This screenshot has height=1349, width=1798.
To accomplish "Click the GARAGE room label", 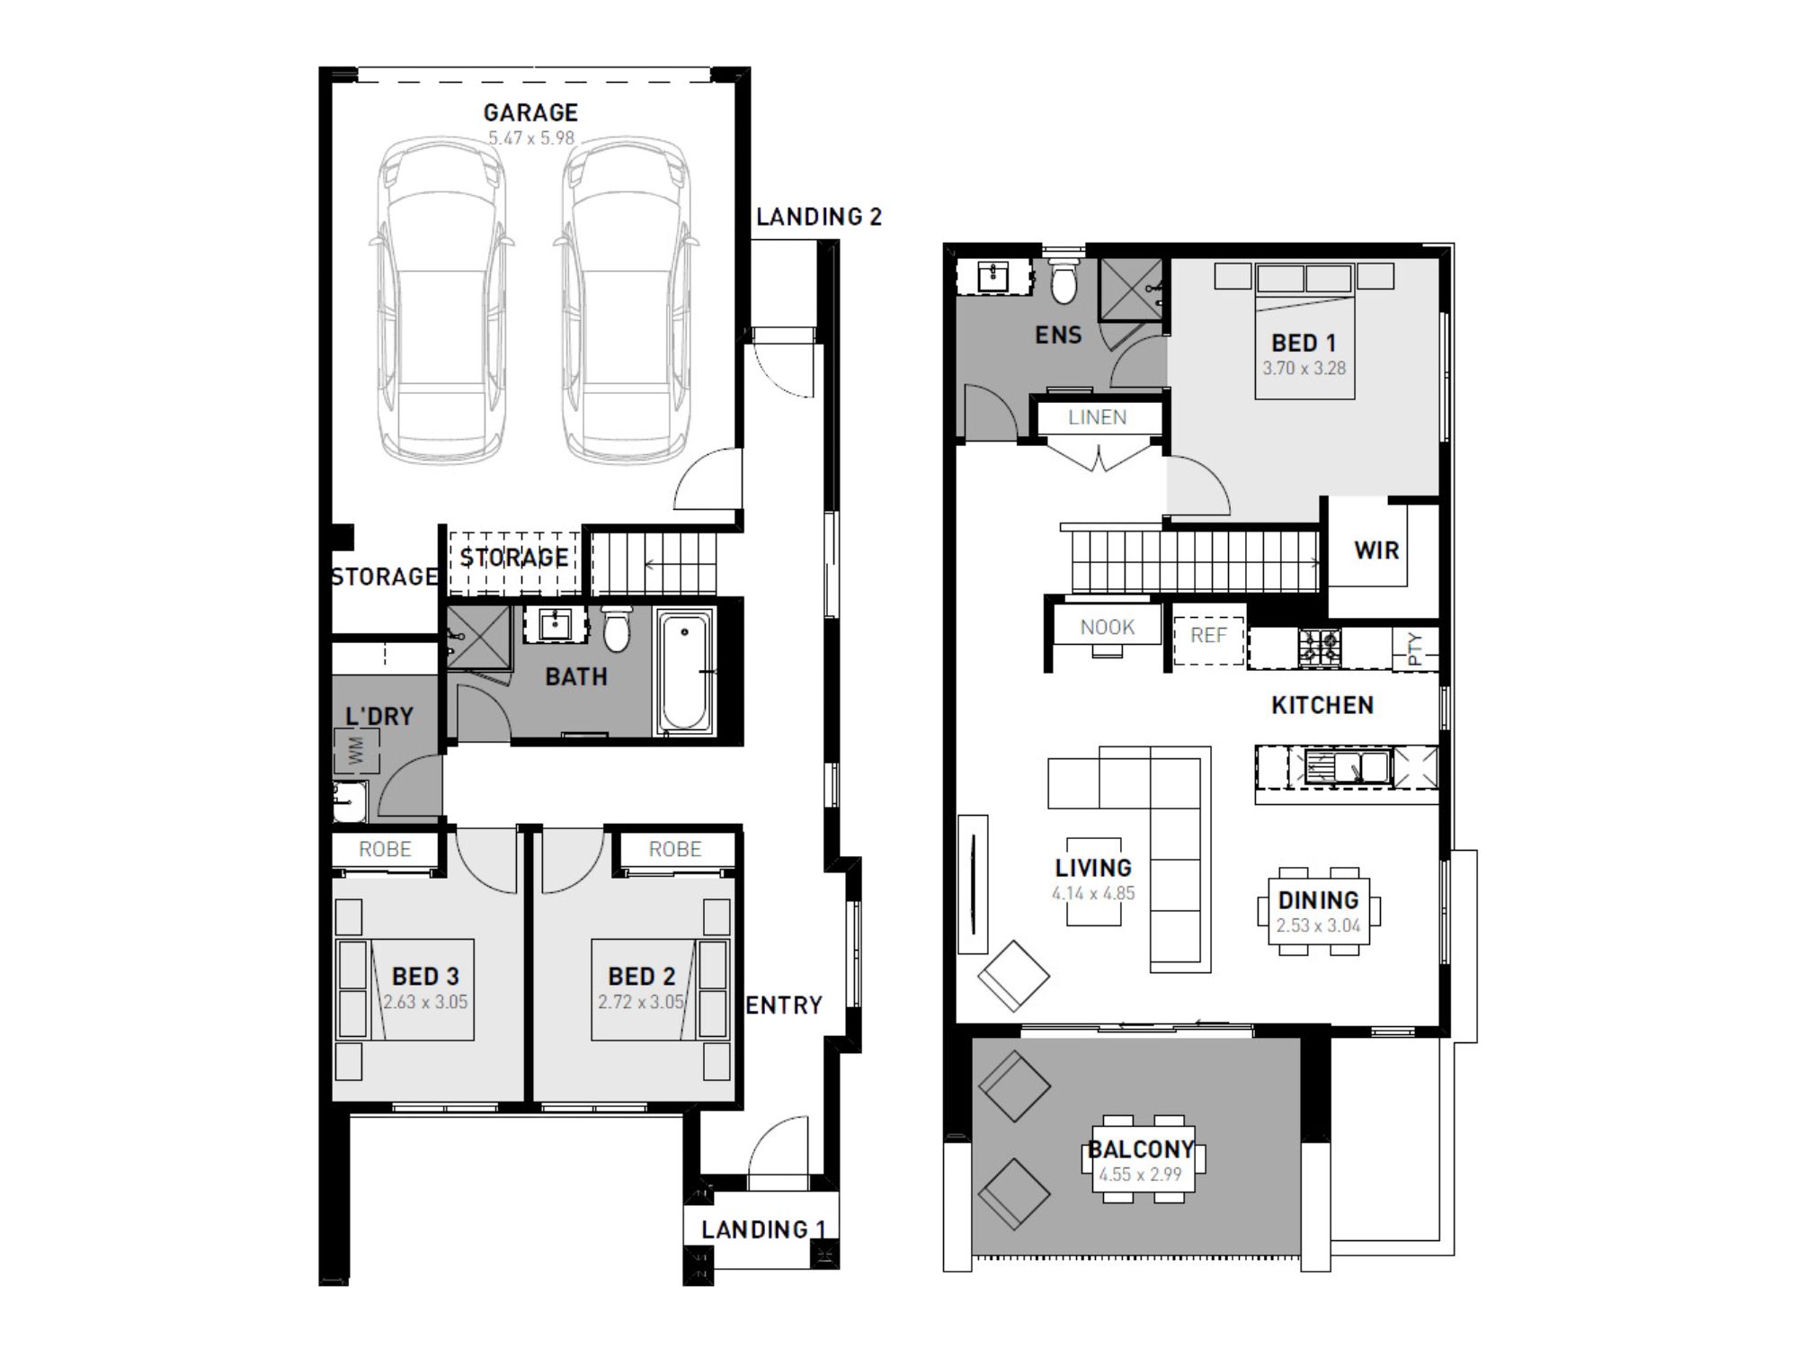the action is click(x=530, y=112).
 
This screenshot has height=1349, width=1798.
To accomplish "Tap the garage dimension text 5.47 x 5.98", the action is click(x=531, y=138).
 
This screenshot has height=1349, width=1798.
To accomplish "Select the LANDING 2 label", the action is click(x=819, y=217).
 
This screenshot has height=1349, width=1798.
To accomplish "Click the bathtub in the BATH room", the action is click(x=685, y=670).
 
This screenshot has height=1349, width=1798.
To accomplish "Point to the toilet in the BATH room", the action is click(x=617, y=628).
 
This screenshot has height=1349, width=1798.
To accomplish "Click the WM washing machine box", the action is click(x=357, y=751).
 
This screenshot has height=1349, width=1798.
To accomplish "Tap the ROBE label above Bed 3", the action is click(x=385, y=850).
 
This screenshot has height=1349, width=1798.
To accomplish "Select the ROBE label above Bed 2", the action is click(x=675, y=850).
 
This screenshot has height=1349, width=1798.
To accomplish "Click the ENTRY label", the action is click(x=784, y=1005).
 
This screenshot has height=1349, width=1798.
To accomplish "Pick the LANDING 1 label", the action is click(x=763, y=1229).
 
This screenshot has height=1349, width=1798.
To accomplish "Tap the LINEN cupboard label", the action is click(x=1098, y=417).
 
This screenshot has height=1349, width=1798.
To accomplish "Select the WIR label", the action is click(x=1376, y=550).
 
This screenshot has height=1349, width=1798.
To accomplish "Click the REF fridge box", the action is click(x=1209, y=636).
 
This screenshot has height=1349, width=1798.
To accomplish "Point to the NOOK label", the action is click(x=1108, y=628).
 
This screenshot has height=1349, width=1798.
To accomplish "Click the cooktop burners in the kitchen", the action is click(x=1320, y=647).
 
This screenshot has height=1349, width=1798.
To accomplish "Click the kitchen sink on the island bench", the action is click(x=1347, y=767).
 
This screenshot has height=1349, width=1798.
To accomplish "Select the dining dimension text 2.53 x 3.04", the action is click(x=1319, y=926).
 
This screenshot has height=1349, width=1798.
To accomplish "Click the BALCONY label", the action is click(x=1141, y=1149).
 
